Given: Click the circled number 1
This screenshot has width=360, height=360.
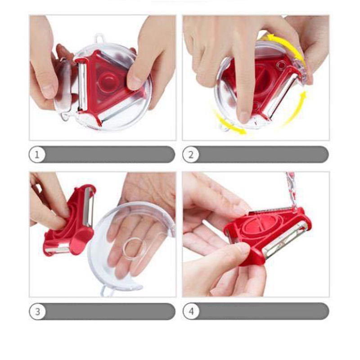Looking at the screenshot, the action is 37,154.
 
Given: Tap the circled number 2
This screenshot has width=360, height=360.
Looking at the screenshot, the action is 190,154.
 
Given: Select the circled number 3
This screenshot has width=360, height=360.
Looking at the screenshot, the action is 37,311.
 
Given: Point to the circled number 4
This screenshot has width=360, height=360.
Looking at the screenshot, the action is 191,311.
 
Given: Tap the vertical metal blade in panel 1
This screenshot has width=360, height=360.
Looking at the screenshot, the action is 82,86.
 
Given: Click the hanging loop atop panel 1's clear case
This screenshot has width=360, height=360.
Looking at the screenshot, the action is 99,38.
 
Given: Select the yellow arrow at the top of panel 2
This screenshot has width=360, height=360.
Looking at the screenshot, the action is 285,46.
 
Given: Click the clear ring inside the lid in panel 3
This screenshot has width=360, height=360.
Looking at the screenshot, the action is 134,249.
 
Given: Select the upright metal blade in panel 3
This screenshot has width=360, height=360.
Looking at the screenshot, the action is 88,207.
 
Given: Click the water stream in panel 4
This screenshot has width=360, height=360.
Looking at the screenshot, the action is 290,190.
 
